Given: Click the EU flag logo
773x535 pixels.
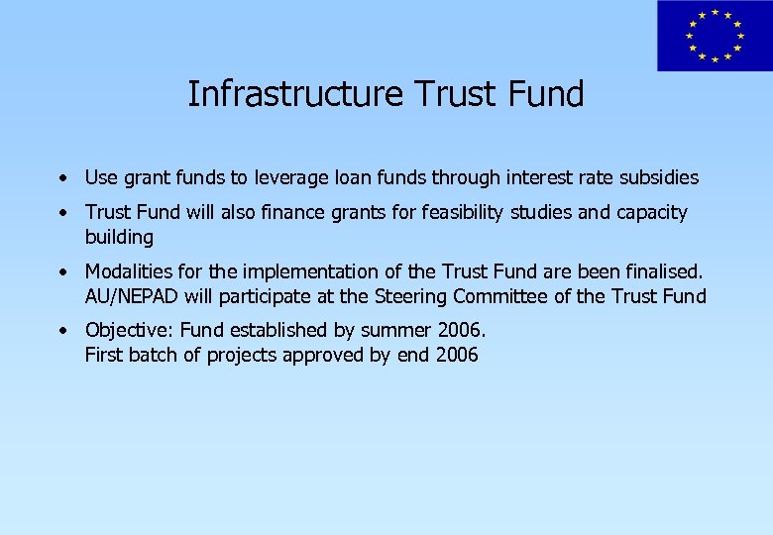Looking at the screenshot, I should pos(715,36).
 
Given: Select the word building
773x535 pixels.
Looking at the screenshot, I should pos(119,238).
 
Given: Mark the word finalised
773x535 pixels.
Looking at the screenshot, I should pos(664,271).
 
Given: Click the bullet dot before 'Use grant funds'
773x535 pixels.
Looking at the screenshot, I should pos(62,179).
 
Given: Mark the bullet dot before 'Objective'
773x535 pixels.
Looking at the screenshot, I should pos(62,331).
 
